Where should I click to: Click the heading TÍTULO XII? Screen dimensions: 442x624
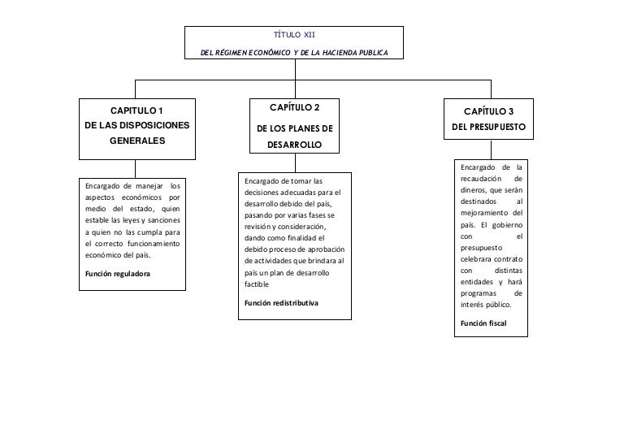coord(294,35)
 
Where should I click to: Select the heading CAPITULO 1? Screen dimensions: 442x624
coord(136,110)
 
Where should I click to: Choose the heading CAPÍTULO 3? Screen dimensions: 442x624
coord(488,111)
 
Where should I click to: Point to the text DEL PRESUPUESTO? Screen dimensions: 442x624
coord(488,128)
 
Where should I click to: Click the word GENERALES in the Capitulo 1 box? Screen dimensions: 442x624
coord(136,141)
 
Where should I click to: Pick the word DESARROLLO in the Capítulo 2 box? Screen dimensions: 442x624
coord(295,145)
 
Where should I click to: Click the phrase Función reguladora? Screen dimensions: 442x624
coord(118,274)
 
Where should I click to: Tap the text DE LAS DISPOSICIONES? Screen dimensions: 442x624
coord(136,125)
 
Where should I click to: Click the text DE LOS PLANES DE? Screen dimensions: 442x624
coord(295,128)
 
